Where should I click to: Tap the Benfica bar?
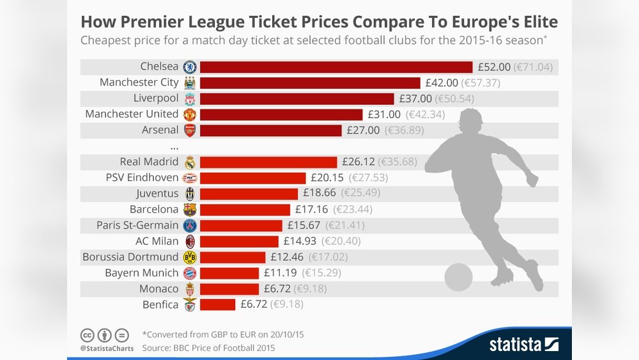click(218, 304)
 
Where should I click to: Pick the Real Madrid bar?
click(268, 162)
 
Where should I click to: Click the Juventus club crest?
click(190, 194)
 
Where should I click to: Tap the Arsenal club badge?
click(190, 130)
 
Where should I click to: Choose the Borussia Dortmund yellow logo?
click(190, 257)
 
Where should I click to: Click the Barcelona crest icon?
click(190, 210)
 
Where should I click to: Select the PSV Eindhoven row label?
click(142, 178)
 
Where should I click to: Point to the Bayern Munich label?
click(141, 273)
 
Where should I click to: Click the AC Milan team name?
click(157, 241)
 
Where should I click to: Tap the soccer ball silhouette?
click(458, 277)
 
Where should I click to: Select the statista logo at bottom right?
click(524, 345)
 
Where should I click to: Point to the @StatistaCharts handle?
click(107, 348)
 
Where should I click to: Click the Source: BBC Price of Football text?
click(208, 348)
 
